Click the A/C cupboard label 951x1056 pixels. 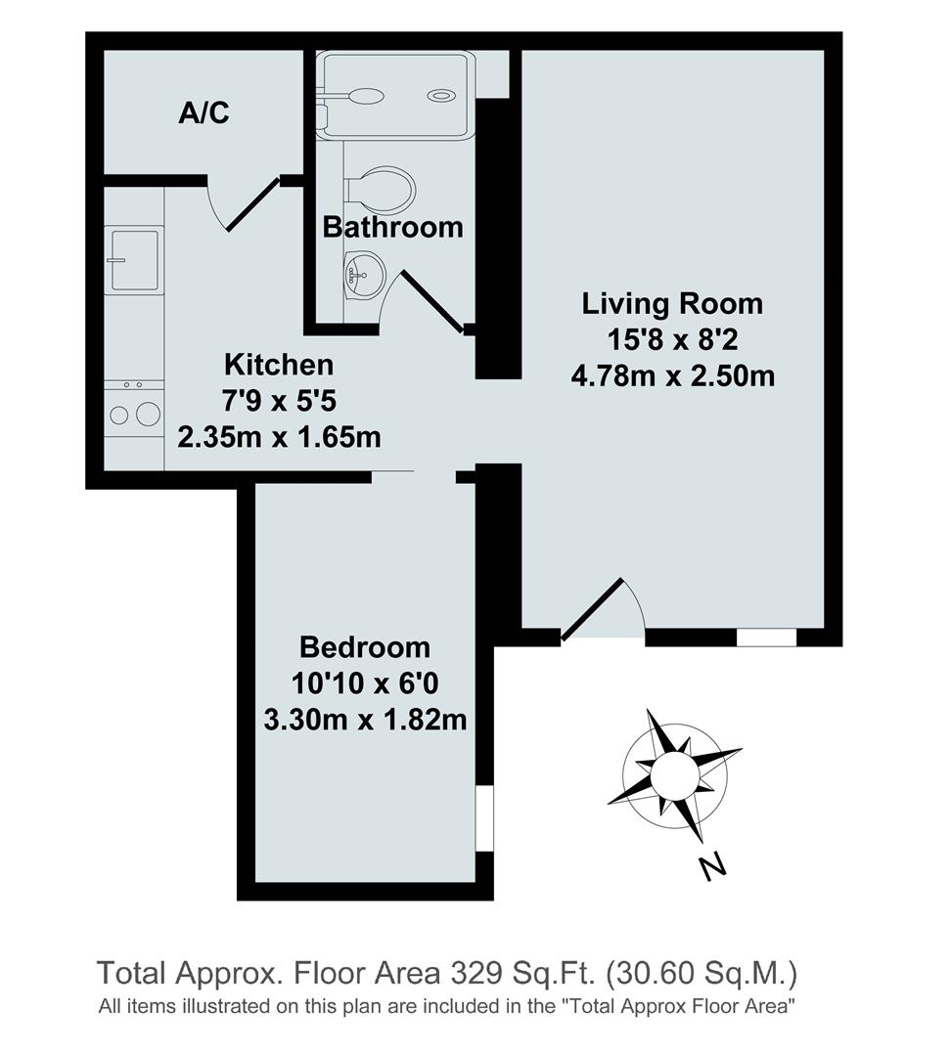pos(204,113)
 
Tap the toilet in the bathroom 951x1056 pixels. pos(385,190)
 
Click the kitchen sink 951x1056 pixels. pos(134,260)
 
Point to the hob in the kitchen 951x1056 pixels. pos(134,413)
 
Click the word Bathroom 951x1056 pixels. pos(392,228)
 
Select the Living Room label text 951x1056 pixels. pos(672,303)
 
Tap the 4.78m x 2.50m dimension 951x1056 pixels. pos(672,375)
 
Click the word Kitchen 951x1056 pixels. pos(279,365)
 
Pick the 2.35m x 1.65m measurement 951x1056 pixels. pos(279,436)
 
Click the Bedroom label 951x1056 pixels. pos(364,647)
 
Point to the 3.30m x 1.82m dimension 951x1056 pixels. pos(364,721)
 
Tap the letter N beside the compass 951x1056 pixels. pos(714,865)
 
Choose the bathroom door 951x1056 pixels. pos(430,301)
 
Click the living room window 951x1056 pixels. pos(766,638)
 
